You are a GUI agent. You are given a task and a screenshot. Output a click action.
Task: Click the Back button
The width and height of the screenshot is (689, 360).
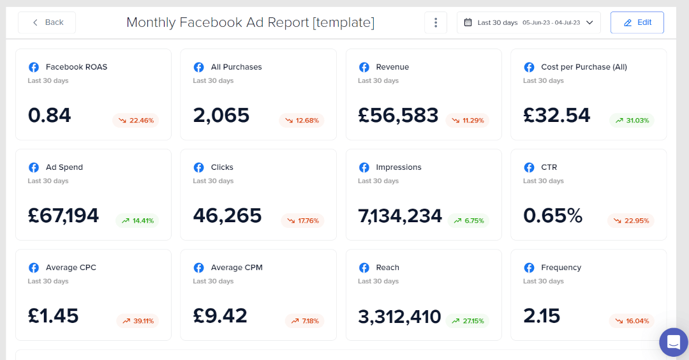47,22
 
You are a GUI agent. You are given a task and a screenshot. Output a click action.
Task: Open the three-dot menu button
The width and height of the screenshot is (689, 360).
436,22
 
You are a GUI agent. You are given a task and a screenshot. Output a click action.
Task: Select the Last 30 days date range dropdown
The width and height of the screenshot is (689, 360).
529,22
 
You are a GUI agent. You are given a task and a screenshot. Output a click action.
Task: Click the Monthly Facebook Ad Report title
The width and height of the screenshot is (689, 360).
250,22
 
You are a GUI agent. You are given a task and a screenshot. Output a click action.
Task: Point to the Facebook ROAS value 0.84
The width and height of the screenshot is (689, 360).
50,116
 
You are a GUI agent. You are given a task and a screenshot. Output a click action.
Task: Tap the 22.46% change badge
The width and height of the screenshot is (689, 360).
135,120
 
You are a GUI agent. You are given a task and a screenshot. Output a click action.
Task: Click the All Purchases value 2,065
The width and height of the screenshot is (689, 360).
221,116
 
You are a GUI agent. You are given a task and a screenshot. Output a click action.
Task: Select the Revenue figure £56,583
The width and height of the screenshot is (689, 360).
398,116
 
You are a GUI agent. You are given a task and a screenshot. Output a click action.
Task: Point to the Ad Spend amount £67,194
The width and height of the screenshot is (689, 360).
63,216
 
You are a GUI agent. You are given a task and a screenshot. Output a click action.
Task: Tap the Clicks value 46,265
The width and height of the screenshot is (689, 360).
227,216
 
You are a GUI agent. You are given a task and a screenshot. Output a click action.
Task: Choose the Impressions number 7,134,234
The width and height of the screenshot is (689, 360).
400,216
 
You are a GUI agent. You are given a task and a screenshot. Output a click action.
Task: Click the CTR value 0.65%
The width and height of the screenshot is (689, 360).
552,216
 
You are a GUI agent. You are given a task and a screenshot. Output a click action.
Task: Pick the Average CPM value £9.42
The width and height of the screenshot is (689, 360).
220,316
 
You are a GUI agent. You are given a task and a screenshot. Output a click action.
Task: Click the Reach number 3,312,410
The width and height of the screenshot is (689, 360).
399,316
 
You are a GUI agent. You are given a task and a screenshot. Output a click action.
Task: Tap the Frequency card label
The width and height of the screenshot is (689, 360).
561,267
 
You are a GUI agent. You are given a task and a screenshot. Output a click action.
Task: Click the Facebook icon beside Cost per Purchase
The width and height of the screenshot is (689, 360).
529,67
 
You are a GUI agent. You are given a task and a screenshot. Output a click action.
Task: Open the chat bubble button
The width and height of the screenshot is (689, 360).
674,343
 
